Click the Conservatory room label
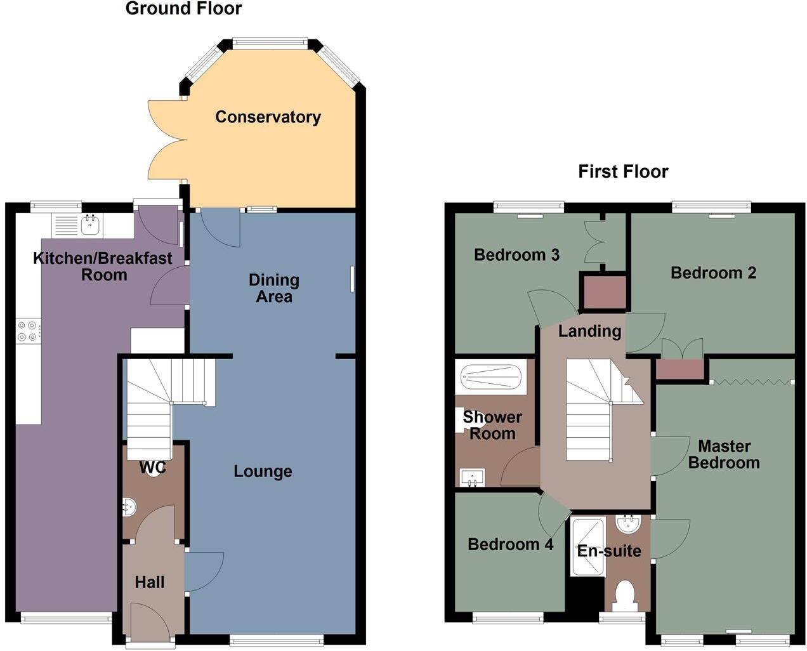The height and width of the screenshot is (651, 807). click(268, 117)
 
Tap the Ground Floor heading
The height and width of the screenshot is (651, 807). click(183, 9)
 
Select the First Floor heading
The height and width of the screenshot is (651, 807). click(623, 172)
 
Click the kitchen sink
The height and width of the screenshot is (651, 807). click(89, 225)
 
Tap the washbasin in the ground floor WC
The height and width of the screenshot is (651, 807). click(129, 506)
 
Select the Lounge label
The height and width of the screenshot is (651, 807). click(263, 471)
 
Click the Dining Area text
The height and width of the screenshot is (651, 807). click(273, 288)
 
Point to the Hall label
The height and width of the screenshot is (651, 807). click(150, 582)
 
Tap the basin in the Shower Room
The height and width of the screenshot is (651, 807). click(472, 477)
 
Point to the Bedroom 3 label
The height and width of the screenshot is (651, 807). click(516, 255)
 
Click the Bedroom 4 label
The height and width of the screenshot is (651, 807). click(510, 544)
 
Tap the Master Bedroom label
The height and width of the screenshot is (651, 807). click(724, 454)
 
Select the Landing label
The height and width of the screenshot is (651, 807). click(589, 331)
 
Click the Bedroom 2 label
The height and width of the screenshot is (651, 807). click(713, 273)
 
